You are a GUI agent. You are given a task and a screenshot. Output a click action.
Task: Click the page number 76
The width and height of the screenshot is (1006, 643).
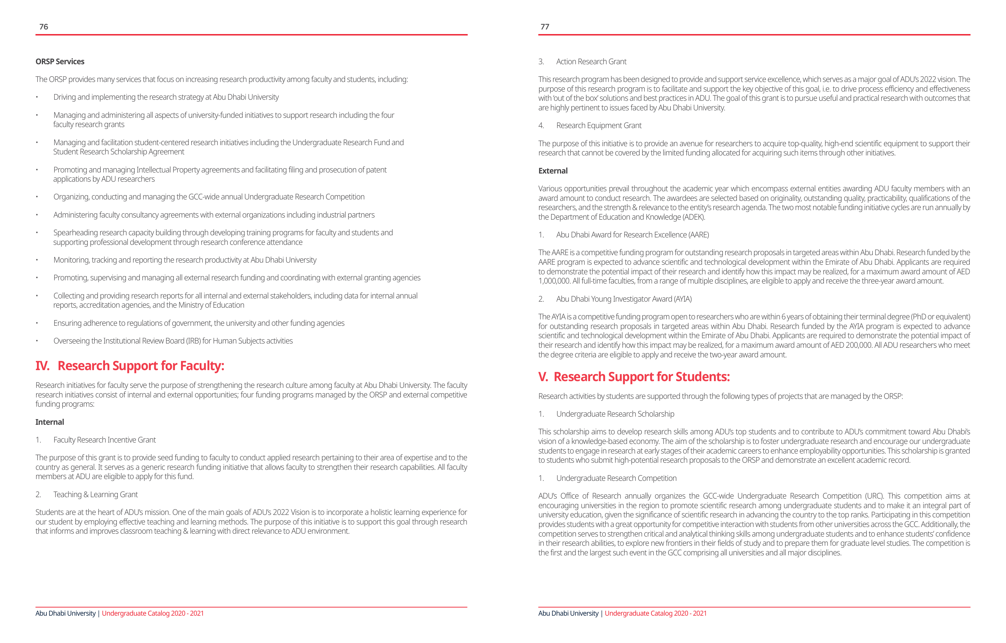click(x=43, y=27)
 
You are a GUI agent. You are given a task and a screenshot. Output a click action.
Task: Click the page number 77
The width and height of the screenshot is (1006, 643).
click(x=545, y=27)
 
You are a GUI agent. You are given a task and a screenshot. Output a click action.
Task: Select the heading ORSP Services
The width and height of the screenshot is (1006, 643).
click(x=60, y=61)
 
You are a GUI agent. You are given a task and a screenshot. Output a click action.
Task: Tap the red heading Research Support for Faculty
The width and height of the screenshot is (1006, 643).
click(x=141, y=366)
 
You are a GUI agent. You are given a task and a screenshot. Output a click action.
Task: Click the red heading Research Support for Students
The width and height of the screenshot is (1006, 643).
click(x=641, y=377)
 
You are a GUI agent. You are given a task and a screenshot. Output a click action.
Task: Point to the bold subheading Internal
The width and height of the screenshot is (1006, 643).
click(x=50, y=422)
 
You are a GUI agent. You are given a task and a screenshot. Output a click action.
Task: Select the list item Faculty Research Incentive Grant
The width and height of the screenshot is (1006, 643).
click(x=104, y=440)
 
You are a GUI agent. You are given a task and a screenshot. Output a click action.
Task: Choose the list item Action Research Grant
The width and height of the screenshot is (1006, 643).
click(x=591, y=61)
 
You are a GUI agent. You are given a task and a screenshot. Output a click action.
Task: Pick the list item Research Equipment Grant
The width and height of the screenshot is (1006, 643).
click(x=599, y=125)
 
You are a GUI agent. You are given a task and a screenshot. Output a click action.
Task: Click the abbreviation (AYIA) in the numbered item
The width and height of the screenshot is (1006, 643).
click(x=682, y=299)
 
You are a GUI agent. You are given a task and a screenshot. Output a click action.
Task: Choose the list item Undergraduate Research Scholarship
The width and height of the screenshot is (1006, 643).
click(x=615, y=414)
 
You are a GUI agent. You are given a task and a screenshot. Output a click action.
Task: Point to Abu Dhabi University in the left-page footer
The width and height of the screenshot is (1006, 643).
click(x=66, y=613)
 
